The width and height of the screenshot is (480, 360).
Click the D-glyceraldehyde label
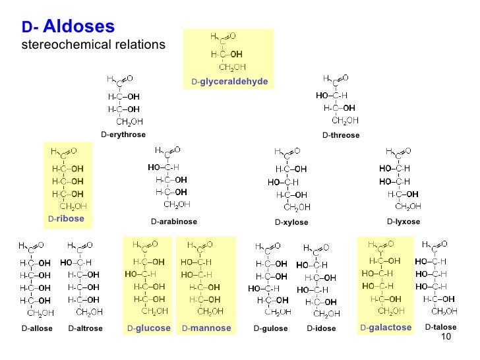pyautogui.click(x=229, y=81)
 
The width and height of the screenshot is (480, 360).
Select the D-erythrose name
pyautogui.click(x=123, y=135)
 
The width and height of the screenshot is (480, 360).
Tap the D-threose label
pyautogui.click(x=341, y=135)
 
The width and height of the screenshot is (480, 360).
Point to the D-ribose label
pyautogui.click(x=66, y=218)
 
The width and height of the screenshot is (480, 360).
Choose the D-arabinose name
pyautogui.click(x=174, y=222)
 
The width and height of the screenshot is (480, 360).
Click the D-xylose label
pyautogui.click(x=291, y=222)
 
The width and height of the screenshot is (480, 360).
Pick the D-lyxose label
pyautogui.click(x=404, y=222)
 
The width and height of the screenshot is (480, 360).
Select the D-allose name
pyautogui.click(x=37, y=328)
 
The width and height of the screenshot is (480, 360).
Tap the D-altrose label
pyautogui.click(x=86, y=328)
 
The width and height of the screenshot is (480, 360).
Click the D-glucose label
pyautogui.click(x=149, y=328)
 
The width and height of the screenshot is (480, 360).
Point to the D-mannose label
pyautogui.click(x=206, y=328)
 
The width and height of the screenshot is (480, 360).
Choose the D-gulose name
pyautogui.click(x=271, y=328)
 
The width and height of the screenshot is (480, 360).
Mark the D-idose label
pyautogui.click(x=322, y=328)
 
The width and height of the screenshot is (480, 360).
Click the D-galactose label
pyautogui.click(x=386, y=327)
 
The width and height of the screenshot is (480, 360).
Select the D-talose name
pyautogui.click(x=440, y=327)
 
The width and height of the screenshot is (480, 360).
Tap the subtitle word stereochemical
pyautogui.click(x=59, y=45)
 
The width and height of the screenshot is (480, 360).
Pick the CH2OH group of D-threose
pyautogui.click(x=345, y=120)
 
